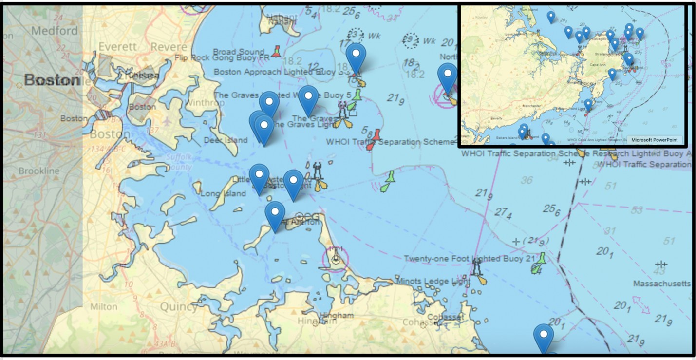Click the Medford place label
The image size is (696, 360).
[x=54, y=30]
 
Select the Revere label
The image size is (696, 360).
[x=169, y=47]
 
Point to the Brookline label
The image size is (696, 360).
[x=39, y=171]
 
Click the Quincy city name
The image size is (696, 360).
[x=178, y=307]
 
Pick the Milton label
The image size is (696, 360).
[x=104, y=306]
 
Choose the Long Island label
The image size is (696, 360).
[x=224, y=193]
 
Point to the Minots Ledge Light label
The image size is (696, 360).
[x=433, y=282]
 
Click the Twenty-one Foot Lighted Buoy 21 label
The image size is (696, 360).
[x=470, y=259]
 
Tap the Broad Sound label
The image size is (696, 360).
[x=239, y=52]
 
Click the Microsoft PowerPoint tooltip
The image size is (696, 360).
[x=654, y=140]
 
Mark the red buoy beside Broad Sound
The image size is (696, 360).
[x=277, y=51]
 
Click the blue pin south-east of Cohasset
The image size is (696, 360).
[x=543, y=337]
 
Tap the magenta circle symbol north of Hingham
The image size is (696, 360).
[x=335, y=258]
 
